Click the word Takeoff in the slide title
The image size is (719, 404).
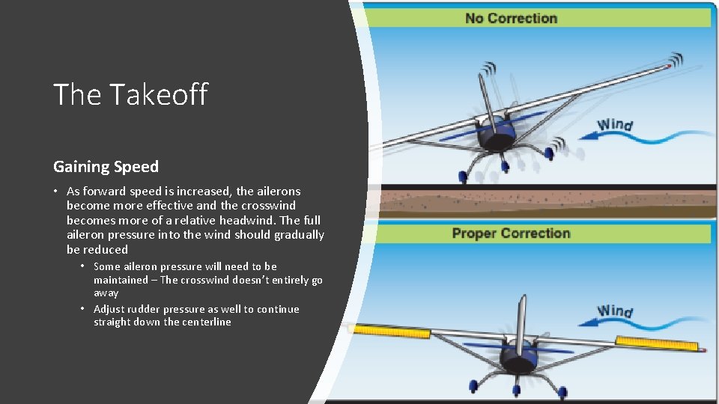(x=158, y=95)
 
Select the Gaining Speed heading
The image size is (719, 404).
(x=106, y=166)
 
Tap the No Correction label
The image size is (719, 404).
(x=511, y=18)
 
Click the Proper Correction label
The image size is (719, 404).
(x=511, y=233)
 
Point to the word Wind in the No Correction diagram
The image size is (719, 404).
(x=615, y=125)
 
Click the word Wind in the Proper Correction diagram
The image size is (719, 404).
(x=615, y=310)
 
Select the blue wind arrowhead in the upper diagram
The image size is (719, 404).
(x=583, y=137)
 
